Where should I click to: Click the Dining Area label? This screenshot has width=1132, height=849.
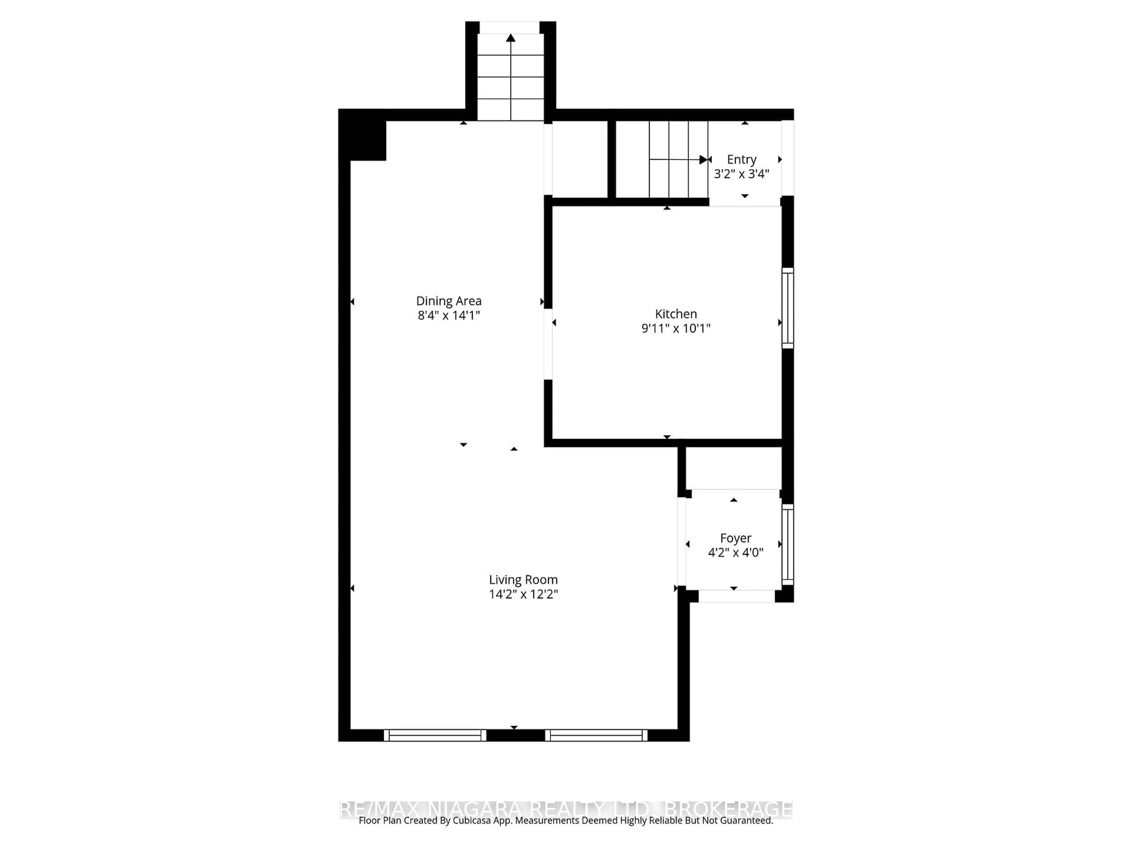448,301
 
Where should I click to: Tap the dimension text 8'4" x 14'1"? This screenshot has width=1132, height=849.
448,315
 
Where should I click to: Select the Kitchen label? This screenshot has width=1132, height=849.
676,314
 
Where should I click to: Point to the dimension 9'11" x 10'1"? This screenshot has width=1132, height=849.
676,328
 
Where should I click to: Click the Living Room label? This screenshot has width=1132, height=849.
523,580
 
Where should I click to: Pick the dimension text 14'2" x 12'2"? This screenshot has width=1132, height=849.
523,594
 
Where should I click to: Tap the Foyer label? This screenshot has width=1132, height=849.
736,538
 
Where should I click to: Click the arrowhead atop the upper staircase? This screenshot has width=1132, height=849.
510,38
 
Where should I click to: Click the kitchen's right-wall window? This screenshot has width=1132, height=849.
788,308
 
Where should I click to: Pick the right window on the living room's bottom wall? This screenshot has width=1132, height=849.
596,736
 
